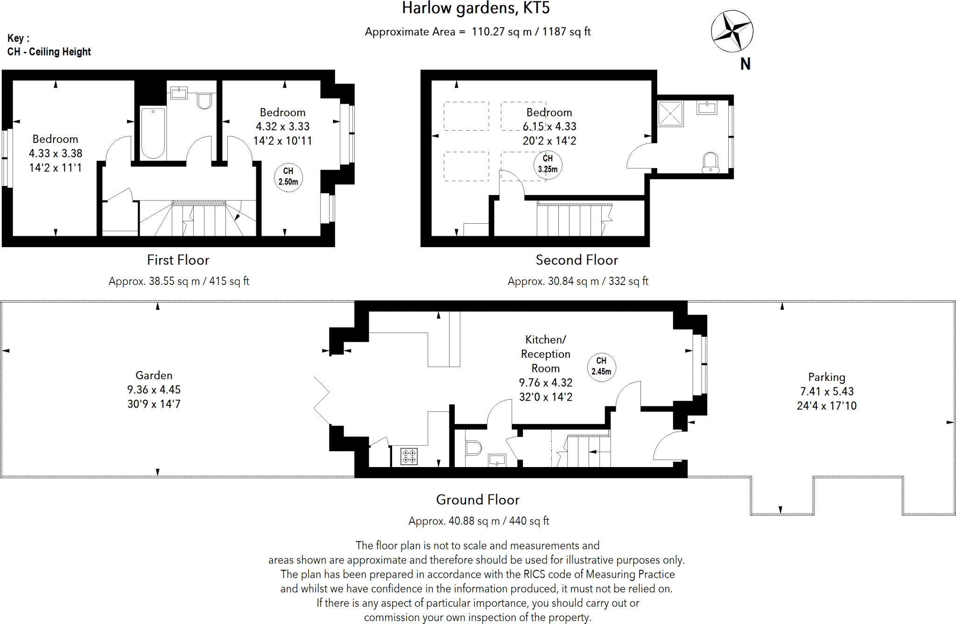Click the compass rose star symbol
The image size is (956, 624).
click(x=732, y=31)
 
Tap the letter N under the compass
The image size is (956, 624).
click(x=745, y=64)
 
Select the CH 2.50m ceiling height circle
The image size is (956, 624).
click(x=288, y=177)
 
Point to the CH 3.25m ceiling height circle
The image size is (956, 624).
click(x=548, y=164)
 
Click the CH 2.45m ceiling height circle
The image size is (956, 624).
click(x=601, y=367)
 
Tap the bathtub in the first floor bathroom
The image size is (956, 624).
click(x=153, y=133)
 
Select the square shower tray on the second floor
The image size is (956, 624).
click(x=670, y=113)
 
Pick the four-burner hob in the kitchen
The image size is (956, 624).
click(x=409, y=456)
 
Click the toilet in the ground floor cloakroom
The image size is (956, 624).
click(x=473, y=448)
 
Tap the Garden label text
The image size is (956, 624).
click(x=154, y=376)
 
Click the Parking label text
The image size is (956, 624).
click(x=827, y=377)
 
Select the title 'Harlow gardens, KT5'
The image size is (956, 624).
click(x=476, y=8)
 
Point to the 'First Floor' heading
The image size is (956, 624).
click(x=178, y=260)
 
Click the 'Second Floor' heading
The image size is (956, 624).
click(x=577, y=260)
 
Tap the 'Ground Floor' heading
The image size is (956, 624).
click(x=478, y=500)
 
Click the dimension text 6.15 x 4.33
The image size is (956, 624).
click(x=549, y=127)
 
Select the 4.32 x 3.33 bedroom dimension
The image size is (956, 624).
click(x=283, y=127)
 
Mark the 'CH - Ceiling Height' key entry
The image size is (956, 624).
click(x=49, y=52)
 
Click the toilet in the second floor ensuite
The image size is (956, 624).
click(x=710, y=162)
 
